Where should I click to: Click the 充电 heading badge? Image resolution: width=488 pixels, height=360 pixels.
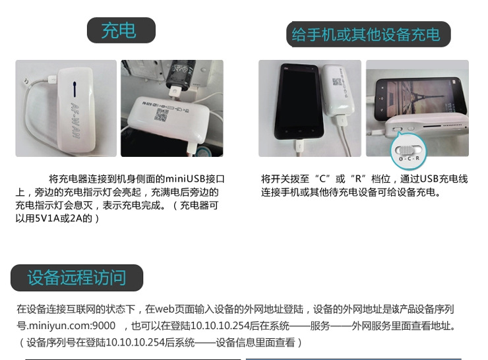[x=121, y=30]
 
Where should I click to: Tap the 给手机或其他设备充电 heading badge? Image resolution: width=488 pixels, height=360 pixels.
[x=368, y=34]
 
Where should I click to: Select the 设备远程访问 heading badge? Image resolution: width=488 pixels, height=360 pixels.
[x=76, y=278]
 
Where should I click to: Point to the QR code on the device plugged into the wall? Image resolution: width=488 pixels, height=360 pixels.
[x=161, y=115]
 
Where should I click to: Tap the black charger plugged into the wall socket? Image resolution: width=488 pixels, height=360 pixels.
[x=180, y=76]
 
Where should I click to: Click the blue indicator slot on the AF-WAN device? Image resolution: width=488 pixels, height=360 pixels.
[x=75, y=89]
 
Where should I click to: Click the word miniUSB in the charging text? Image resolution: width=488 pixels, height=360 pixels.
[x=185, y=179]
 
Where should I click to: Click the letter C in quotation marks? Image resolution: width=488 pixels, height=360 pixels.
[x=322, y=179]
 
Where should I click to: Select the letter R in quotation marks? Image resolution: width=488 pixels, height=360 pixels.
[x=358, y=179]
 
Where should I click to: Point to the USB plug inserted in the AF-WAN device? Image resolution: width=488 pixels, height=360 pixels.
[x=52, y=79]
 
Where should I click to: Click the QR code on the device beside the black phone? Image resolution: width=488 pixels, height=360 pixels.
[x=337, y=82]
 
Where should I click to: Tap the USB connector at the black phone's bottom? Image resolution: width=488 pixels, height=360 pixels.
[x=299, y=146]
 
